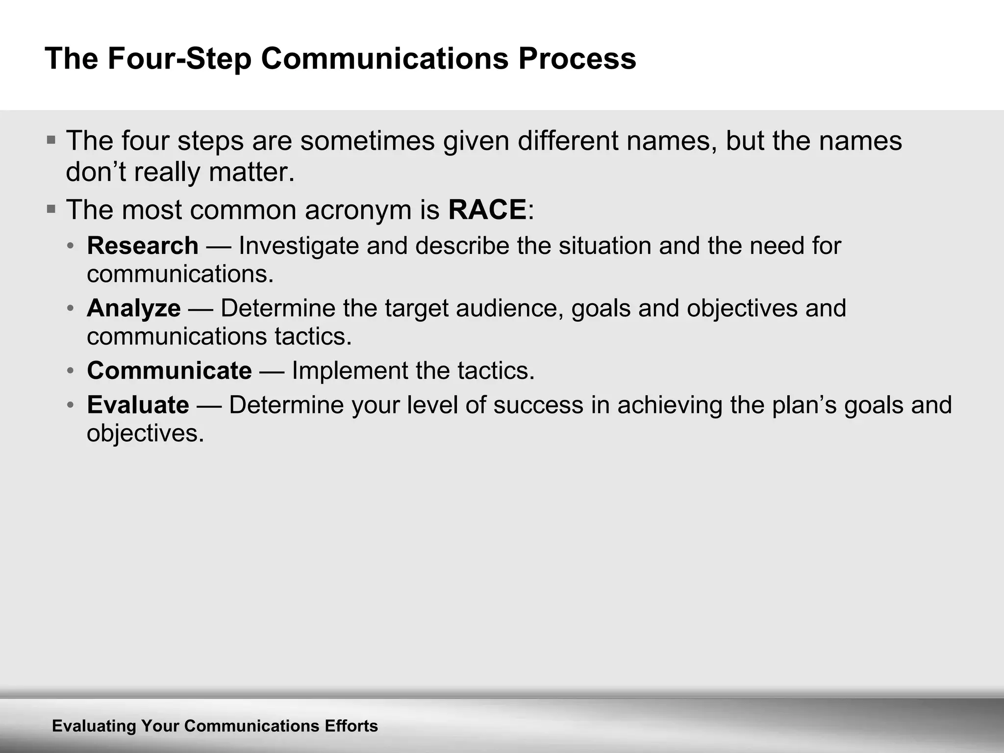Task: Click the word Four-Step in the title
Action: click(x=179, y=59)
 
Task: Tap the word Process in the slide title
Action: click(x=577, y=59)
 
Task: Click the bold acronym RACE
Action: click(x=487, y=210)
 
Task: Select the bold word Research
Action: click(x=143, y=246)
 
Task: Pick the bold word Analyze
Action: click(x=134, y=308)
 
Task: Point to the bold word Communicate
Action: click(x=169, y=370)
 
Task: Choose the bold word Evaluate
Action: click(x=138, y=405)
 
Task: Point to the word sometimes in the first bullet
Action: click(x=368, y=141)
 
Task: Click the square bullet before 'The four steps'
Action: click(x=51, y=140)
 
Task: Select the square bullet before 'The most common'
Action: click(x=51, y=209)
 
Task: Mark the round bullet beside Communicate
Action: click(x=71, y=371)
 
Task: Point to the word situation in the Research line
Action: click(x=604, y=246)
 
